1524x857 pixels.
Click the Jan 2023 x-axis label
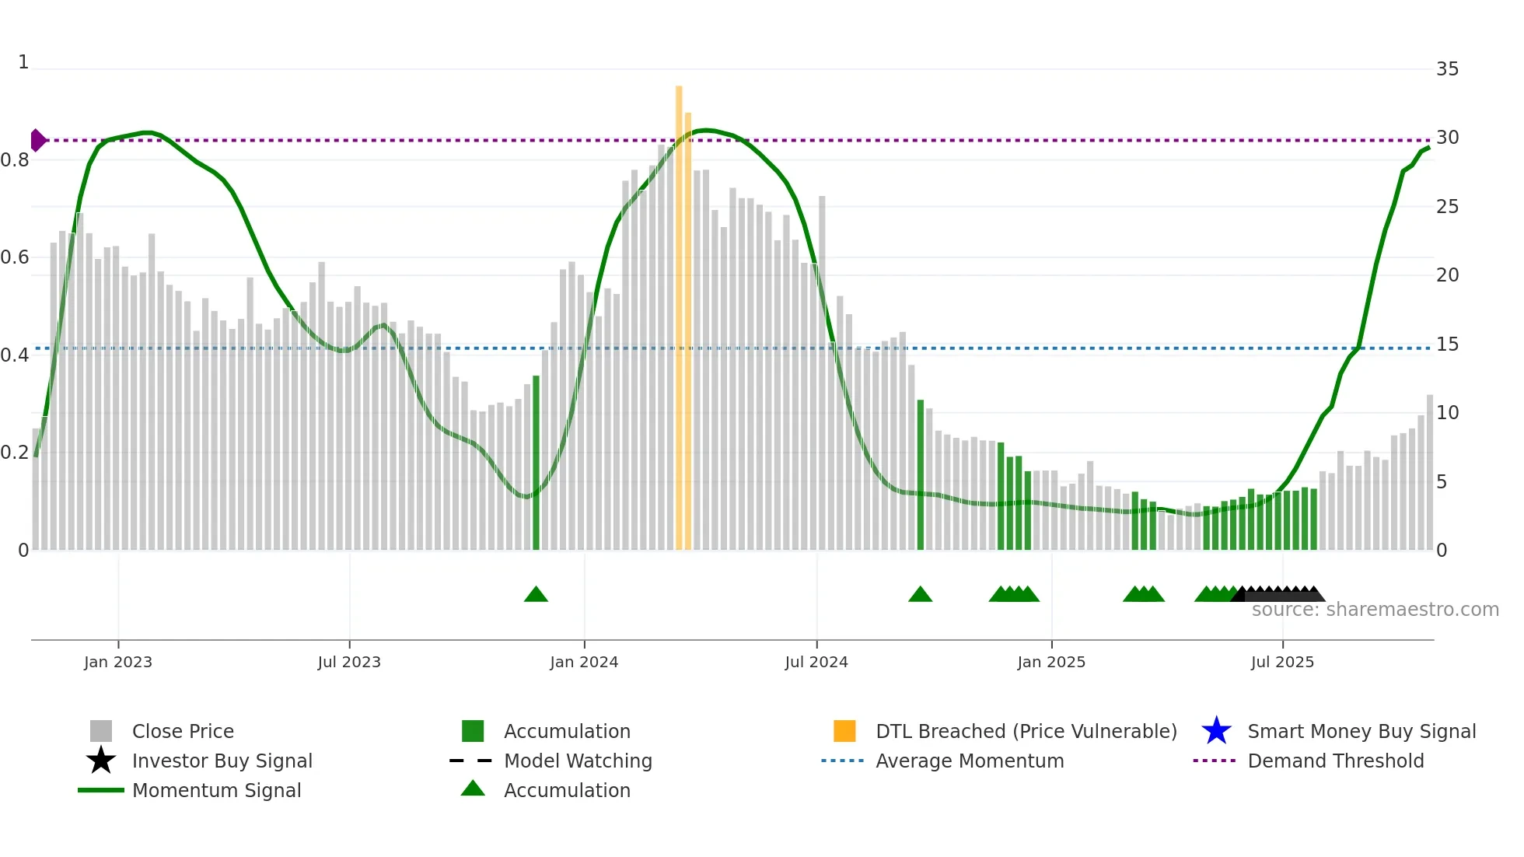[118, 662]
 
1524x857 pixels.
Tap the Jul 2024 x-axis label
[816, 662]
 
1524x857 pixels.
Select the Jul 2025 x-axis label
[1282, 662]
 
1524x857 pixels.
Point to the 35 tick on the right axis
[1447, 69]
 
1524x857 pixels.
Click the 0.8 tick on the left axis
[16, 160]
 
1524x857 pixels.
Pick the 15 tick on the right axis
[1447, 344]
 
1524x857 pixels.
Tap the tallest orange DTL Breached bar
[679, 311]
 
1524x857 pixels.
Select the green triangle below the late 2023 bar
[536, 595]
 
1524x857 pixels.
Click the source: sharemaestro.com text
[1375, 610]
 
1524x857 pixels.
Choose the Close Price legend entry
[183, 731]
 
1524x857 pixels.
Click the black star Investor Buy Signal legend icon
[101, 761]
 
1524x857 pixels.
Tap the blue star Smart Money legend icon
[1216, 731]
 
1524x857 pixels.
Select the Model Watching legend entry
[578, 761]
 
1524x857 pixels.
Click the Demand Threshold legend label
[1336, 761]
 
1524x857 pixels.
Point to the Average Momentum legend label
[970, 761]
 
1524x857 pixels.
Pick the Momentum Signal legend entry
[216, 790]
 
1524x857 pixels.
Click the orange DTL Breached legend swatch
[844, 731]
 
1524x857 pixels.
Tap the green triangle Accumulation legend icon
[473, 789]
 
